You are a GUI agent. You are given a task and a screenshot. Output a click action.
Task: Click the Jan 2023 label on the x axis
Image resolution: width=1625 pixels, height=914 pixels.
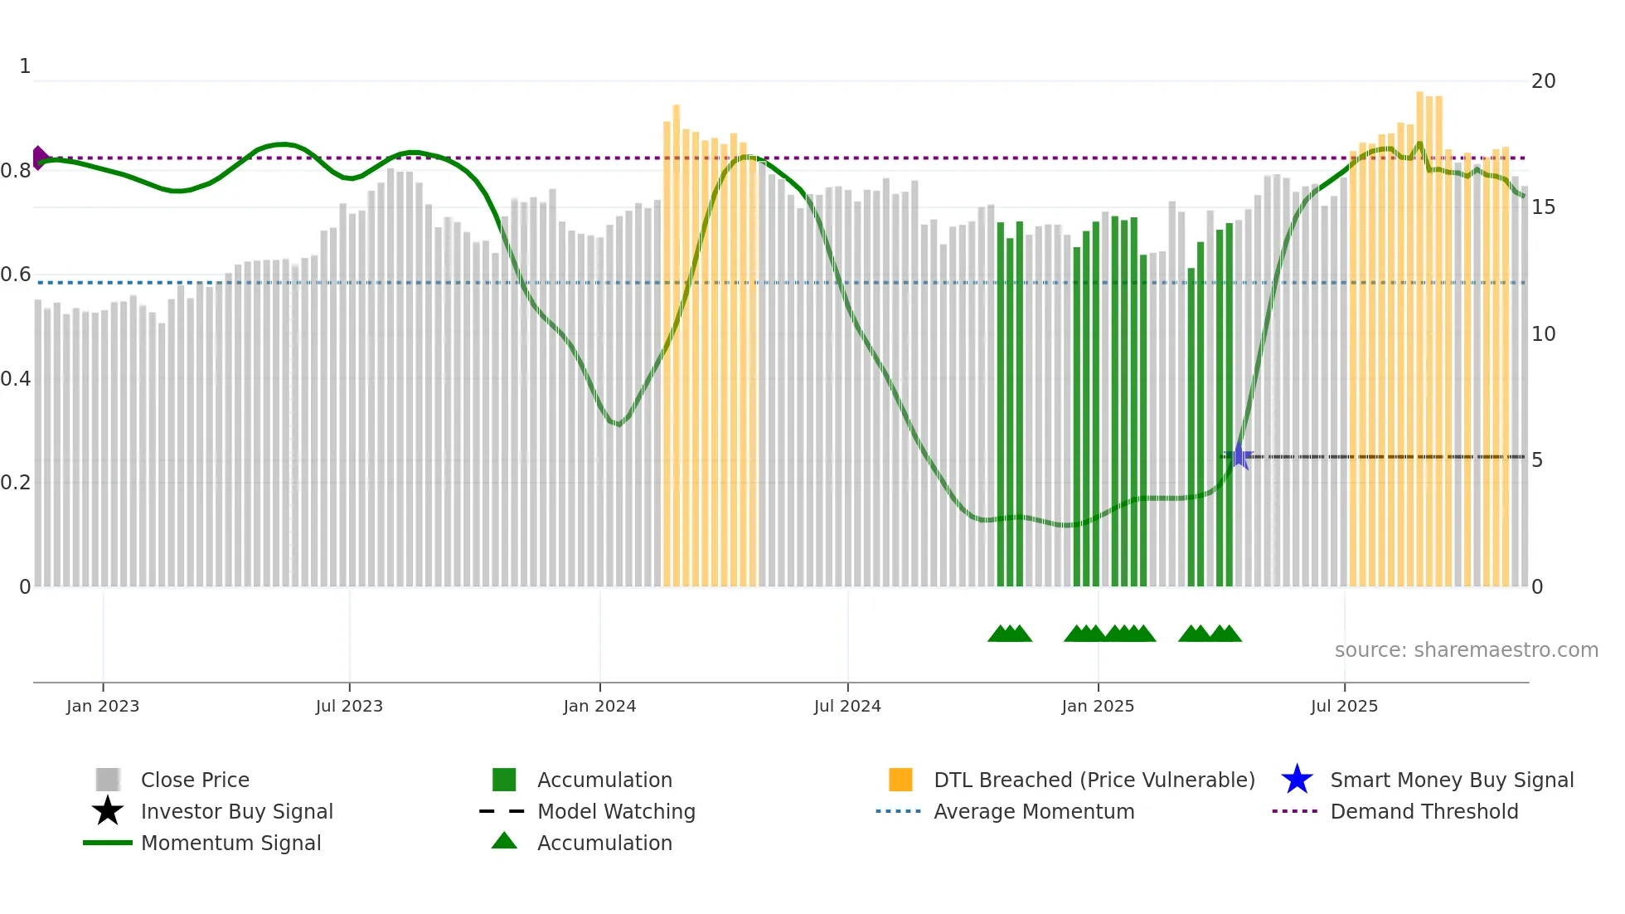[x=103, y=706]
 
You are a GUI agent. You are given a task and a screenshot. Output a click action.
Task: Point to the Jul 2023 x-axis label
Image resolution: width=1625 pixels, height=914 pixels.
[x=349, y=706]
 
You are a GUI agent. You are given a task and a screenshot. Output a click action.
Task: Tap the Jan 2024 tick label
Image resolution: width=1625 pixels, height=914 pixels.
[x=599, y=706]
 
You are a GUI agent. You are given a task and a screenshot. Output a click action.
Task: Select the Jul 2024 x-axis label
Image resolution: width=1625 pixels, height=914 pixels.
[x=847, y=706]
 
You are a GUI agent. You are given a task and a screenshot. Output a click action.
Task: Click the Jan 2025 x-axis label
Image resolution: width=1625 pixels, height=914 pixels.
[x=1098, y=706]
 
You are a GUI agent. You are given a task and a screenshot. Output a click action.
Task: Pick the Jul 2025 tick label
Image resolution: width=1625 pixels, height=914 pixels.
[x=1344, y=706]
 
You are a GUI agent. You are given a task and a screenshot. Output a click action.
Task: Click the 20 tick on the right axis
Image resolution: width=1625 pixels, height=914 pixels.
[x=1543, y=81]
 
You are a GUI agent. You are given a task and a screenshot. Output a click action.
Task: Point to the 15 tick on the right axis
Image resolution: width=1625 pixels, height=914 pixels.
[x=1543, y=207]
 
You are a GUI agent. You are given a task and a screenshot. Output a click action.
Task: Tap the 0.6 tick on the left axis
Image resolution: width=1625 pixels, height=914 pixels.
[x=16, y=275]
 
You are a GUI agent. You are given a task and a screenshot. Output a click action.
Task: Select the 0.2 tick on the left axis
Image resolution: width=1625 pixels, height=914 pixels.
[x=16, y=483]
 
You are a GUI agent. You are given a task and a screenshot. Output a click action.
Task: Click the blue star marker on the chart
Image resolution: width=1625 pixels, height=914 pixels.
[x=1239, y=456]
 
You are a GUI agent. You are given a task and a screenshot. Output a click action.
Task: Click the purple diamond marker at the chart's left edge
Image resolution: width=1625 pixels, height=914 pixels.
[x=39, y=158]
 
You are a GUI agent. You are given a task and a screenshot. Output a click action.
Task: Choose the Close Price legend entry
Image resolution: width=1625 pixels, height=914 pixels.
[x=195, y=780]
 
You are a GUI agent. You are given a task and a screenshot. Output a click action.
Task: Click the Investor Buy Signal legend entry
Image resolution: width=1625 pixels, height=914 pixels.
[x=236, y=811]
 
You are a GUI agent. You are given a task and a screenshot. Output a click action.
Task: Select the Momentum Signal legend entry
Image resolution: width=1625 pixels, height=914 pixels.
[x=230, y=843]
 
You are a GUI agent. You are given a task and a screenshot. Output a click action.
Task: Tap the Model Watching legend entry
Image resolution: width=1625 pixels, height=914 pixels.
[x=616, y=811]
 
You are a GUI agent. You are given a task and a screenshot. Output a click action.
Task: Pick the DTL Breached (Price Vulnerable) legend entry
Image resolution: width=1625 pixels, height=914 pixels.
[x=1094, y=780]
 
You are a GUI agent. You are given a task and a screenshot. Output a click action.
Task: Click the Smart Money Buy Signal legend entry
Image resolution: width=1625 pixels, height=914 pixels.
[x=1452, y=780]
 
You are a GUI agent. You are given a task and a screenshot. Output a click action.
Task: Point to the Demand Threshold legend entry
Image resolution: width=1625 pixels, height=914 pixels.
[x=1424, y=811]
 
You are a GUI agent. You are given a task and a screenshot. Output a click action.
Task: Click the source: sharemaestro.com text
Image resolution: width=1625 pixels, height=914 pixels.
[x=1466, y=650]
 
